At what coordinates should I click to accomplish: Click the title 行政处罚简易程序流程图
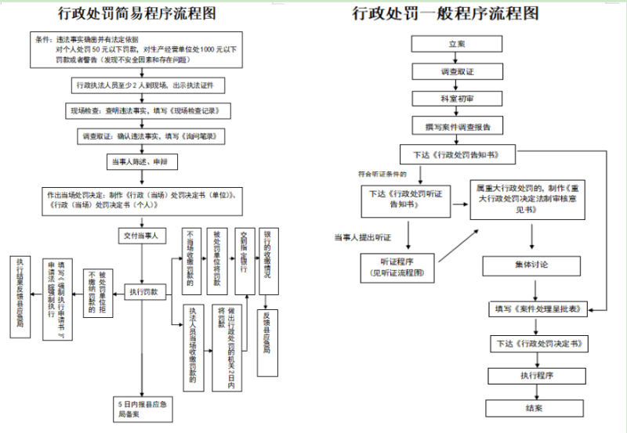coord(138,13)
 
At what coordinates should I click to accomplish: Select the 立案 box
coord(456,45)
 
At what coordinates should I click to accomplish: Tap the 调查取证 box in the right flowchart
coord(456,72)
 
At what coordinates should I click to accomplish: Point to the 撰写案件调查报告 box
coord(456,125)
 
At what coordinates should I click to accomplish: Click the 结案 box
coord(538,408)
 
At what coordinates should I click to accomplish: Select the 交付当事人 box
coord(142,235)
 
